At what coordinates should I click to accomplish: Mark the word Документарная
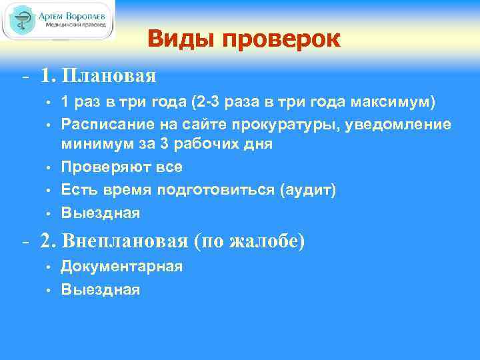121,267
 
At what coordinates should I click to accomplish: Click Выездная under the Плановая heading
100,213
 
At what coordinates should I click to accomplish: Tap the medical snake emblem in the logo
25,20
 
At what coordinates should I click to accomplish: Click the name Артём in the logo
57,14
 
